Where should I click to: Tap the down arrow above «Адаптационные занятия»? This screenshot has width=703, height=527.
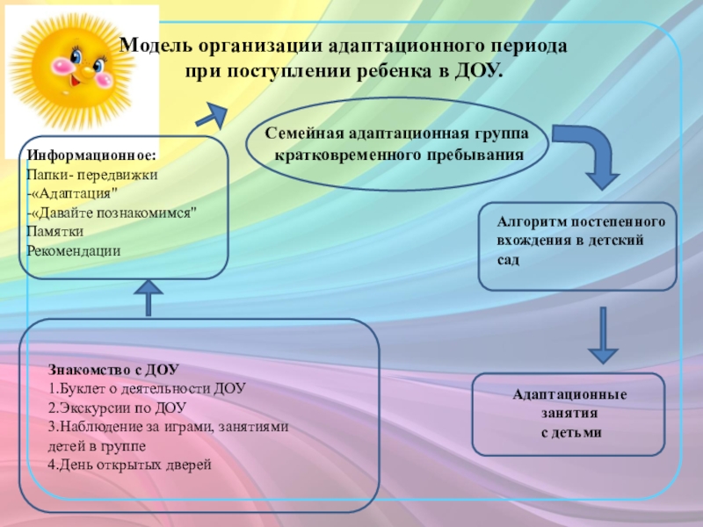[603, 335]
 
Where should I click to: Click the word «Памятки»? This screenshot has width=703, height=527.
[54, 232]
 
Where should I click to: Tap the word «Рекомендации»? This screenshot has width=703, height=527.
[73, 250]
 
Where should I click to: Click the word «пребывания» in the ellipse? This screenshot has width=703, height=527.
[478, 155]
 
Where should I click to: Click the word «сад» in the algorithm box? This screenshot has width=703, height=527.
[509, 261]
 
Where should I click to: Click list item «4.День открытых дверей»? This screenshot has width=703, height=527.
[131, 465]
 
